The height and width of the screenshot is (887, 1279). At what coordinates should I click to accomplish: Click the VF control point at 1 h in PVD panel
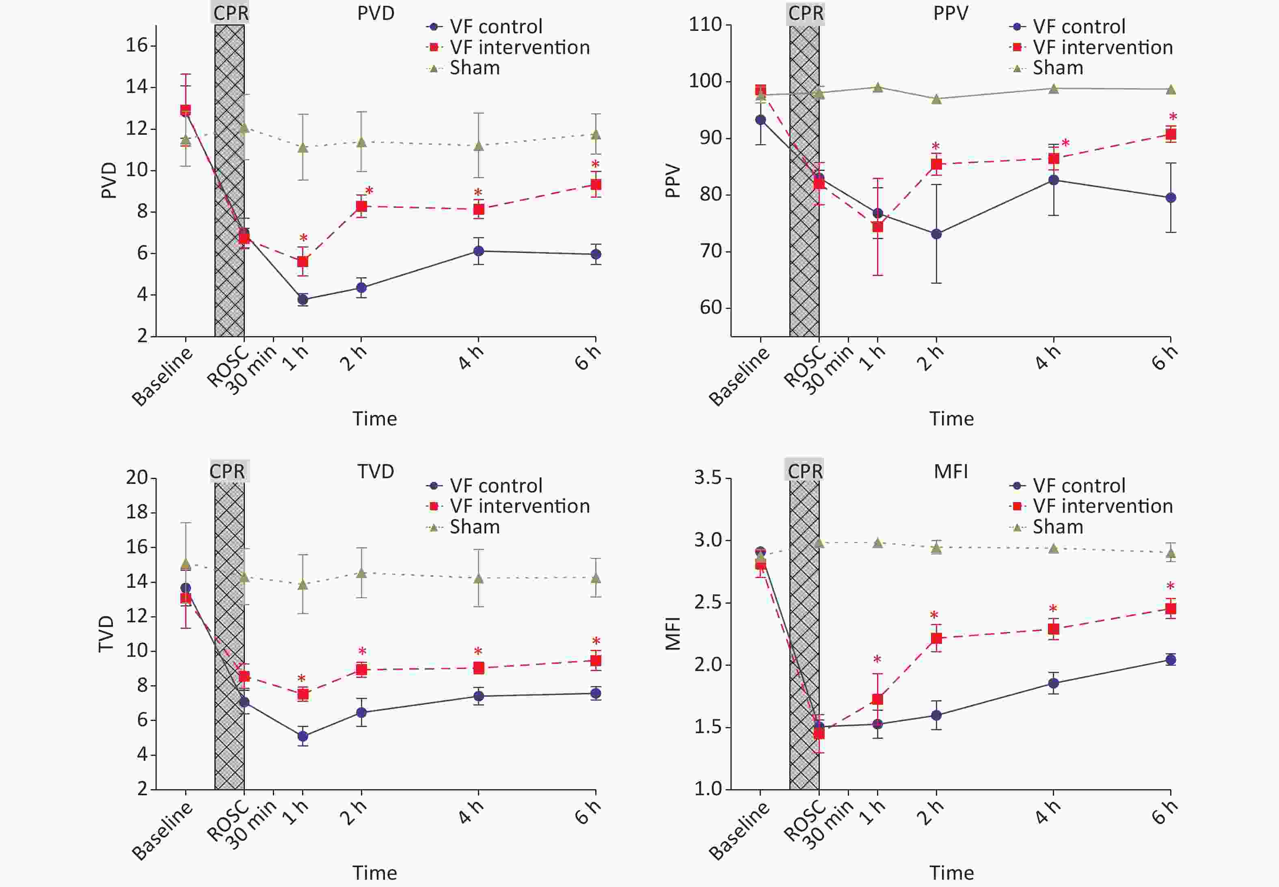pyautogui.click(x=303, y=300)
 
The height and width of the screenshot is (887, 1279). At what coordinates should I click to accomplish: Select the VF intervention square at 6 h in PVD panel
pyautogui.click(x=595, y=185)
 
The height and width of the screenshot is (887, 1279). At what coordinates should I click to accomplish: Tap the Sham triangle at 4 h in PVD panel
pyautogui.click(x=478, y=146)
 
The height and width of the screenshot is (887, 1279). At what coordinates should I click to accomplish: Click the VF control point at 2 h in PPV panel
pyautogui.click(x=936, y=234)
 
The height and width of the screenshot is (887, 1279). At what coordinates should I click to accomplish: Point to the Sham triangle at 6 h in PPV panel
pyautogui.click(x=1171, y=89)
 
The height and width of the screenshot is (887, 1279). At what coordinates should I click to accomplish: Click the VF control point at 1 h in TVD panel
pyautogui.click(x=303, y=736)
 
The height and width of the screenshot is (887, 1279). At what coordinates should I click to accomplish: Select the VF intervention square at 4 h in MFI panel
pyautogui.click(x=1053, y=629)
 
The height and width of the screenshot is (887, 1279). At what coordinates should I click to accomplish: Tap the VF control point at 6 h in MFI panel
pyautogui.click(x=1171, y=660)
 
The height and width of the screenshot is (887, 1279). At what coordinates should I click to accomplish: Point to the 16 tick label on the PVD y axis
pyautogui.click(x=137, y=45)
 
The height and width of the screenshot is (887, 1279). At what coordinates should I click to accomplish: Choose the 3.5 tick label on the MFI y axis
pyautogui.click(x=708, y=477)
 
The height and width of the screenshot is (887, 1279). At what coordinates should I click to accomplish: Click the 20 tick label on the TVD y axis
pyautogui.click(x=137, y=477)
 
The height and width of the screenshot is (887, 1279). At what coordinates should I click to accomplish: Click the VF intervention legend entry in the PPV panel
pyautogui.click(x=1102, y=47)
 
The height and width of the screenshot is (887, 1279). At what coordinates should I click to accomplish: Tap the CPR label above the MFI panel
pyautogui.click(x=805, y=471)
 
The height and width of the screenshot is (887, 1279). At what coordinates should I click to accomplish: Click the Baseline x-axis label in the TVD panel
pyautogui.click(x=162, y=831)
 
